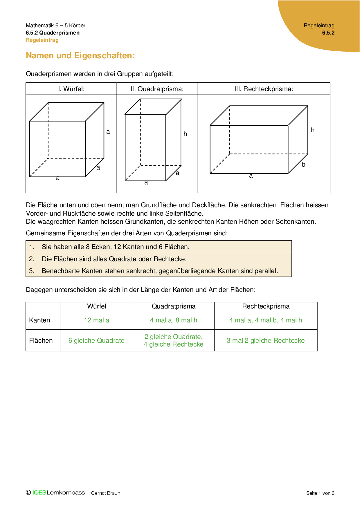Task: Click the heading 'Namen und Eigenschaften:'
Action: [x=80, y=55]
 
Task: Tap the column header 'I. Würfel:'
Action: [x=71, y=89]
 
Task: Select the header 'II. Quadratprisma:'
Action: [x=157, y=89]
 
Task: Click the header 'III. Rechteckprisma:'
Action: [x=264, y=89]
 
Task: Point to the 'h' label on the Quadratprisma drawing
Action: [x=185, y=134]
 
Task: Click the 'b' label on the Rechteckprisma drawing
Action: [x=303, y=165]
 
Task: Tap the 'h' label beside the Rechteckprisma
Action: [x=313, y=130]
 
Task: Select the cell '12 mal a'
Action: [x=97, y=320]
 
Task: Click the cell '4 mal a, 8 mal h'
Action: [x=174, y=320]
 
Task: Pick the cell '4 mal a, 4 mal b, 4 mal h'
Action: [x=266, y=320]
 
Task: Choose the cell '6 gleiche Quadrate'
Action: [x=96, y=341]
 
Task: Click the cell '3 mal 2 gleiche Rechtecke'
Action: [x=266, y=341]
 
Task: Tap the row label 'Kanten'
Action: [x=39, y=320]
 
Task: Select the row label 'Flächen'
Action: [x=41, y=341]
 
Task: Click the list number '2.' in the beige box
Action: [x=32, y=259]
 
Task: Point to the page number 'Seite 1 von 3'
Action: [x=320, y=493]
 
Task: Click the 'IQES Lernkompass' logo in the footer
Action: [x=58, y=493]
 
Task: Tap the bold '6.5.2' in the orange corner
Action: [x=328, y=33]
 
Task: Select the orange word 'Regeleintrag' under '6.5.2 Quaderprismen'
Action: [x=42, y=40]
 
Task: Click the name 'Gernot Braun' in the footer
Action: [x=106, y=493]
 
